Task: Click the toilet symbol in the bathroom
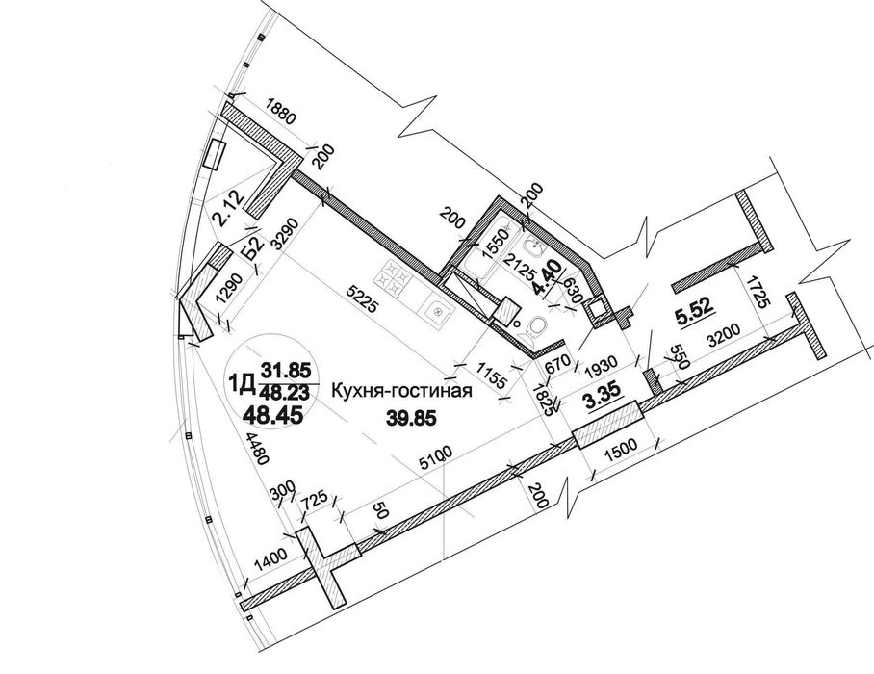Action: click(x=536, y=330)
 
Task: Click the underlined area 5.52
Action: click(x=692, y=313)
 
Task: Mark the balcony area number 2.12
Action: click(x=228, y=208)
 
